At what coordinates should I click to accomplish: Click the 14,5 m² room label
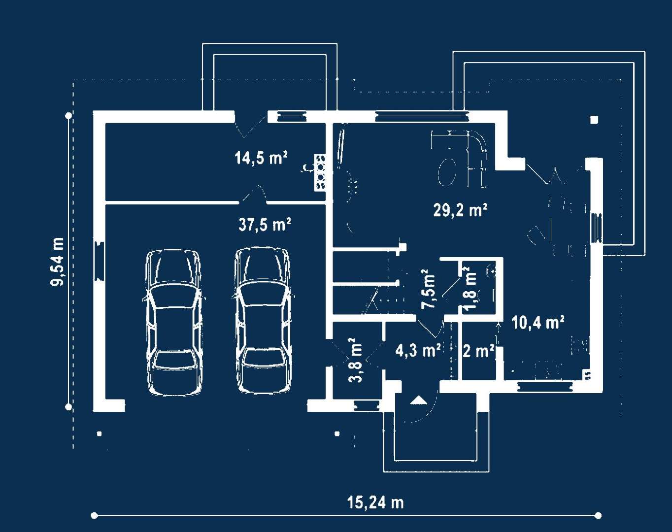[261, 158]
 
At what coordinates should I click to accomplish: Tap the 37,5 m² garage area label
[265, 225]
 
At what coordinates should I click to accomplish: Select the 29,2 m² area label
[460, 210]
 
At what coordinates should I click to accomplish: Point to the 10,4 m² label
[538, 323]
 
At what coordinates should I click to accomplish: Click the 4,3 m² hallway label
[418, 350]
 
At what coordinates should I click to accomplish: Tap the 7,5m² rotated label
[428, 289]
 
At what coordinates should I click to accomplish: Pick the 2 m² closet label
[478, 351]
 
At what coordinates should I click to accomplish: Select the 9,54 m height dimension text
[58, 262]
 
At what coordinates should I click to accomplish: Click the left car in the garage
[173, 322]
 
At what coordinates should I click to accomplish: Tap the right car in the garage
[263, 321]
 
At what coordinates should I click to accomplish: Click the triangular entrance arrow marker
[418, 400]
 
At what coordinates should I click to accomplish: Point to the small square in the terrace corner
[594, 120]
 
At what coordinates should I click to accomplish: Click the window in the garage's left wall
[100, 261]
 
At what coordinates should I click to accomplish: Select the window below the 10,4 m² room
[545, 387]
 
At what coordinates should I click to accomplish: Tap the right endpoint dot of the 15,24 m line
[598, 515]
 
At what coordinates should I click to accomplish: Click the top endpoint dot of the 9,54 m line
[68, 116]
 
